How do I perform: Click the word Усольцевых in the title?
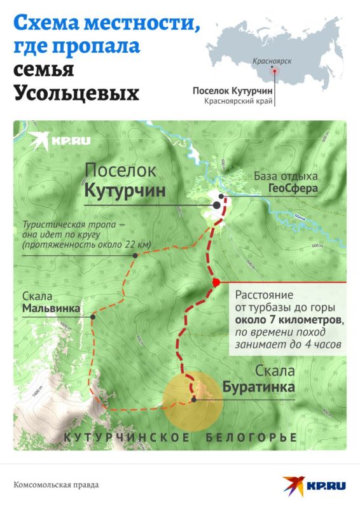pyautogui.click(x=76, y=93)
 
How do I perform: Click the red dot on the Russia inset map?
pyautogui.click(x=275, y=71)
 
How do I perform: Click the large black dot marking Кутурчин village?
pyautogui.click(x=217, y=206)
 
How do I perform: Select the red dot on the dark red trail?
pyautogui.click(x=216, y=282)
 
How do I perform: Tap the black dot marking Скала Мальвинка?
pyautogui.click(x=93, y=316)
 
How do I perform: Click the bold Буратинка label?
pyautogui.click(x=259, y=386)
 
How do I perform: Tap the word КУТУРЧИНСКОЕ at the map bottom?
pyautogui.click(x=127, y=438)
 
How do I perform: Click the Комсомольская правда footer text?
pyautogui.click(x=56, y=485)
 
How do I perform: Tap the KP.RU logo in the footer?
pyautogui.click(x=315, y=485)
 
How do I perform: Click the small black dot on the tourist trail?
pyautogui.click(x=135, y=256)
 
